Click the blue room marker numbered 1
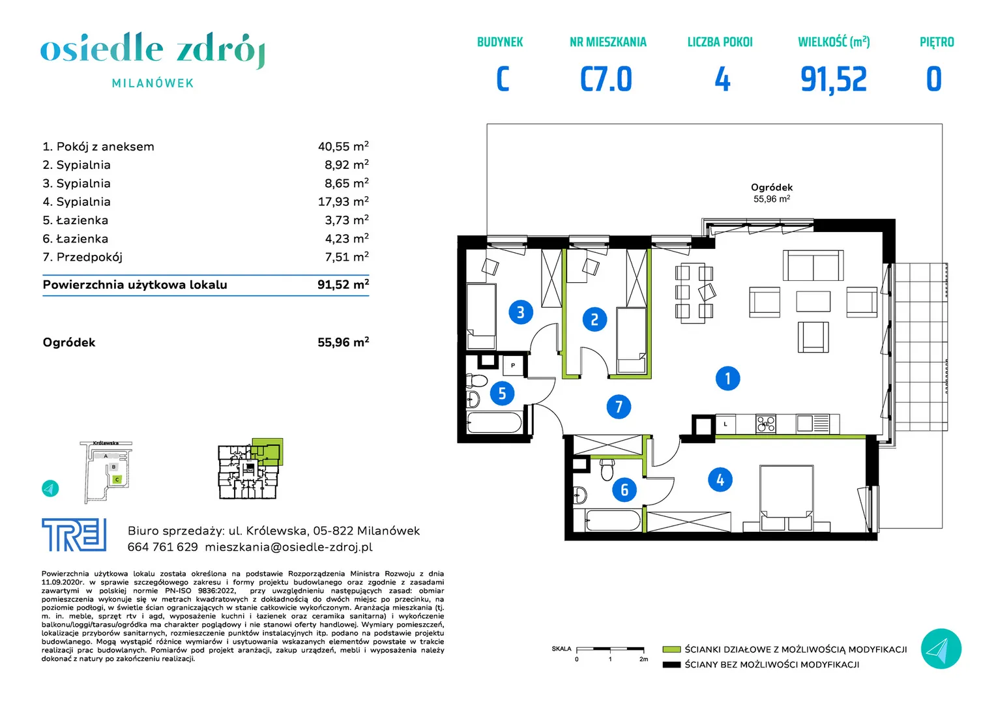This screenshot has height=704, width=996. click(727, 379)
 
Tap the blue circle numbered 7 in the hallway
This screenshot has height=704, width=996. click(619, 407)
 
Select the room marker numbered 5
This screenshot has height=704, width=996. click(502, 393)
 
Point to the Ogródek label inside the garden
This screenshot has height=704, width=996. click(772, 187)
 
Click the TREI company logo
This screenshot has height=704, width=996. click(74, 535)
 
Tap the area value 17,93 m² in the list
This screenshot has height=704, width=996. click(343, 201)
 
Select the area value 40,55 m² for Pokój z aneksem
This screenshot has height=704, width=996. click(343, 146)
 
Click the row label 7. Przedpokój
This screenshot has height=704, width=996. click(82, 257)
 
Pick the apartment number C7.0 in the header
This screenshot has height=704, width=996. click(606, 79)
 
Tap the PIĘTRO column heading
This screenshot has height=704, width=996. click(937, 42)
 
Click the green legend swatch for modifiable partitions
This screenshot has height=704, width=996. click(671, 649)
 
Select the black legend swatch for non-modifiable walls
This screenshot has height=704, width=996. click(671, 665)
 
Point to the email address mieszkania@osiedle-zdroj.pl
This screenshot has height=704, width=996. click(289, 547)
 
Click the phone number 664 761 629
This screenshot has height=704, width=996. click(163, 547)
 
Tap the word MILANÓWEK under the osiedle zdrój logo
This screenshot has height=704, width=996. click(153, 83)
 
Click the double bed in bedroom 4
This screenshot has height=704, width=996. click(786, 497)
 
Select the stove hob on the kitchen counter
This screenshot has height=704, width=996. click(766, 424)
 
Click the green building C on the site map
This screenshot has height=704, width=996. click(117, 479)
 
